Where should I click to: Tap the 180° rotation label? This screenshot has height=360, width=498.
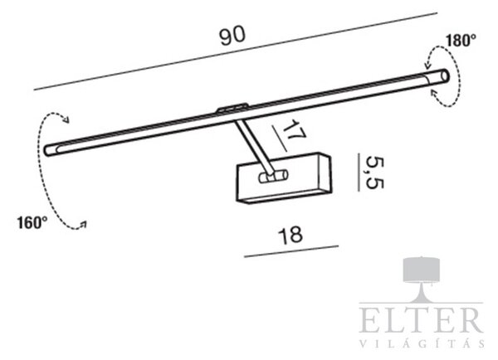click(461, 41)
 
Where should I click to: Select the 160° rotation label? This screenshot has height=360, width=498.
click(32, 222)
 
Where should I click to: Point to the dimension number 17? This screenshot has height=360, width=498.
click(294, 130)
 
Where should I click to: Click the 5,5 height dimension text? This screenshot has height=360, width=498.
click(375, 173)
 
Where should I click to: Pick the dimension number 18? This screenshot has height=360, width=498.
click(290, 236)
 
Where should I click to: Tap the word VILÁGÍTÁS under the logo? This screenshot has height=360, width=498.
click(422, 343)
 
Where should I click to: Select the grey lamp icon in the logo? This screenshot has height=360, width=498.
click(422, 279)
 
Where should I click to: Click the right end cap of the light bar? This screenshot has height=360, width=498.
click(445, 76)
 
